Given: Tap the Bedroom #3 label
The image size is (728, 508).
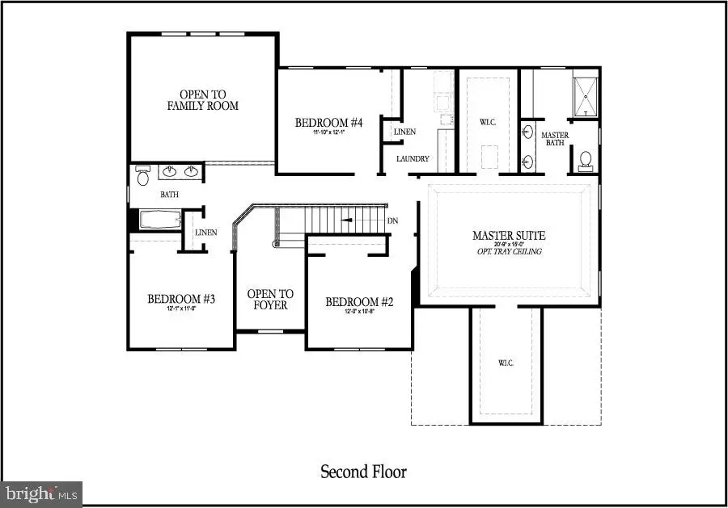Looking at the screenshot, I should pyautogui.click(x=180, y=300).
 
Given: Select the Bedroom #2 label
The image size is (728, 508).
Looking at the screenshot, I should pyautogui.click(x=359, y=302).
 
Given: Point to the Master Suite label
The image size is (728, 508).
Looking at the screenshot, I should pyautogui.click(x=509, y=236).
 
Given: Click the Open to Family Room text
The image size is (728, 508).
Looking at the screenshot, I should pyautogui.click(x=203, y=99).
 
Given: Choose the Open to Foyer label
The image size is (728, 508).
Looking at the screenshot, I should pyautogui.click(x=270, y=300).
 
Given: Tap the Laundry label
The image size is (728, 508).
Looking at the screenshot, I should pyautogui.click(x=413, y=159).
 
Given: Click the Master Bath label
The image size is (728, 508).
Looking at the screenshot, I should pyautogui.click(x=554, y=140).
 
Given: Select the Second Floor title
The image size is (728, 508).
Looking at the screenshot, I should pyautogui.click(x=363, y=472).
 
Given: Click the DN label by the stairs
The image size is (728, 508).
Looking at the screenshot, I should pyautogui.click(x=392, y=220).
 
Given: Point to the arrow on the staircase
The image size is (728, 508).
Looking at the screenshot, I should pyautogui.click(x=346, y=219).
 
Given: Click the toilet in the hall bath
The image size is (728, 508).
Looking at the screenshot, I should pyautogui.click(x=143, y=174).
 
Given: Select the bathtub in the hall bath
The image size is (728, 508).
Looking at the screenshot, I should pyautogui.click(x=159, y=219).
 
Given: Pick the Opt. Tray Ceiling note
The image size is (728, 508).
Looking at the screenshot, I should pyautogui.click(x=509, y=252).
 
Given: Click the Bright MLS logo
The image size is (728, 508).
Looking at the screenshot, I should pyautogui.click(x=42, y=492).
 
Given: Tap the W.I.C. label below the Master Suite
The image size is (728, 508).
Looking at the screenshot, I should pyautogui.click(x=506, y=363).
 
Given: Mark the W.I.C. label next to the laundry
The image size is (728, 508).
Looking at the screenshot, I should pyautogui.click(x=487, y=123).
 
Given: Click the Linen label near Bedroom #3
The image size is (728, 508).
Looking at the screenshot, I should pyautogui.click(x=203, y=233).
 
